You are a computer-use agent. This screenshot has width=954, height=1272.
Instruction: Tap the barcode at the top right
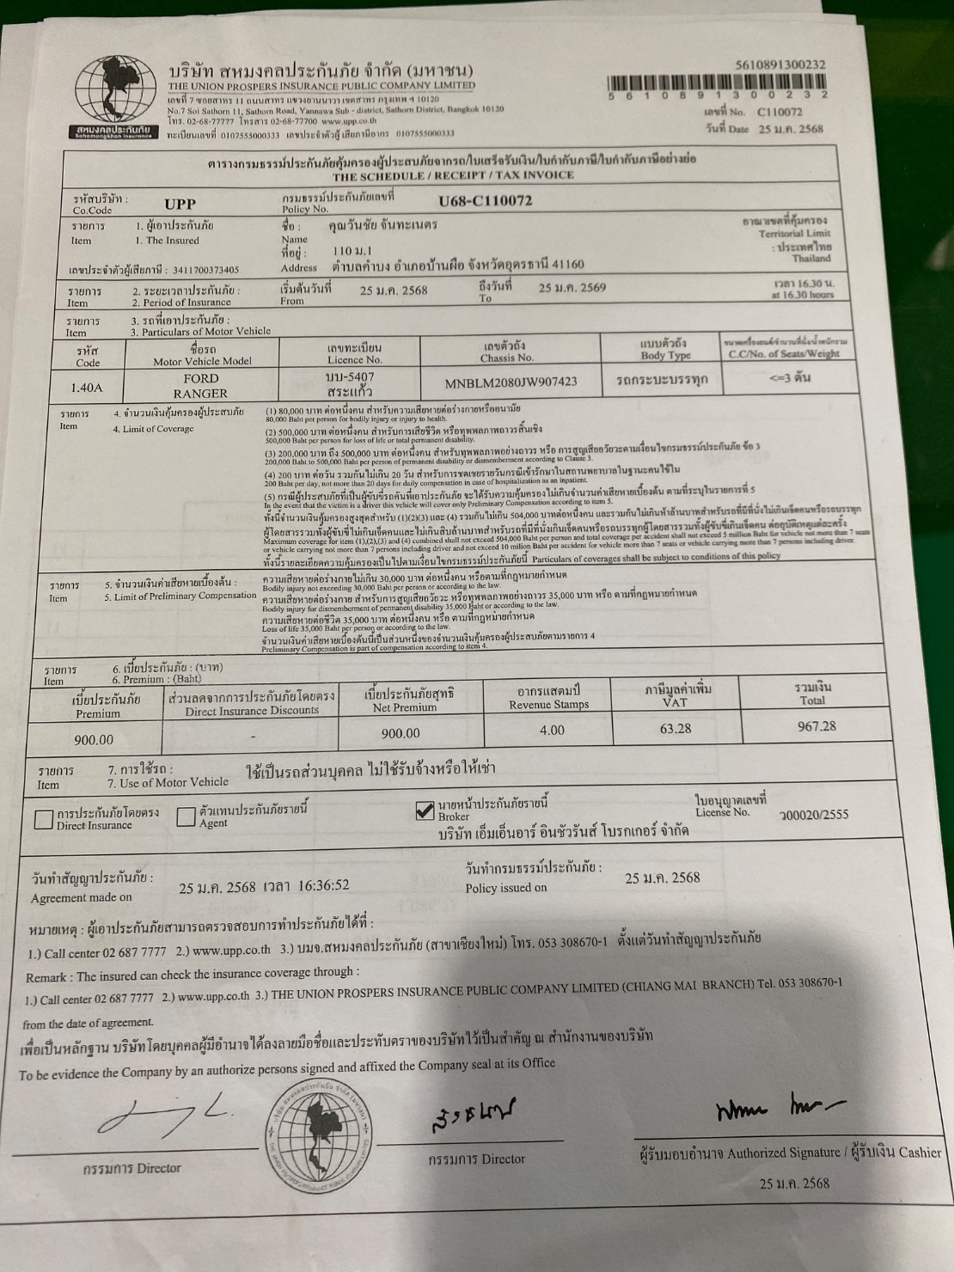[718, 83]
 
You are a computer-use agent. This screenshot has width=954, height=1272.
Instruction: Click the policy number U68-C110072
[485, 201]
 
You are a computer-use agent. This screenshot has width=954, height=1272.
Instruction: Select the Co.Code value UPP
[180, 204]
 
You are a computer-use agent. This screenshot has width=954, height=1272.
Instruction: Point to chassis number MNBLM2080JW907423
[511, 382]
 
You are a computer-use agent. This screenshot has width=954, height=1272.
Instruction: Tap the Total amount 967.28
[816, 726]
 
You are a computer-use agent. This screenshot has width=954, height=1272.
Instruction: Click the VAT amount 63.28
[675, 728]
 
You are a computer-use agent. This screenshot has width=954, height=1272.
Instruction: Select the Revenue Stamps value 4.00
[551, 730]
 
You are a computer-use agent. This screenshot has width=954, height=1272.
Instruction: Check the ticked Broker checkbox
[424, 810]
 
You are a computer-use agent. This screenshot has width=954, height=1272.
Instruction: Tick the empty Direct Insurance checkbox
[43, 819]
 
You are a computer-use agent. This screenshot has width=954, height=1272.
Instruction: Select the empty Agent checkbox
[186, 816]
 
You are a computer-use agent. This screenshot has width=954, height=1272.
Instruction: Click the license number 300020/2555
[813, 814]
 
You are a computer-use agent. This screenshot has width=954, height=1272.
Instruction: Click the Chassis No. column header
[506, 351]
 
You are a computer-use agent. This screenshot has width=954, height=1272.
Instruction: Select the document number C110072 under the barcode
[780, 112]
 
